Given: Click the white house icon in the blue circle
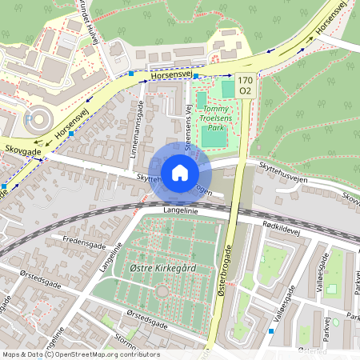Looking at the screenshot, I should pyautogui.click(x=179, y=172).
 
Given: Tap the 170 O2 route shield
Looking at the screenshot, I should pyautogui.click(x=245, y=85).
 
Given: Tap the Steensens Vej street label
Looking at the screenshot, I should pyautogui.click(x=190, y=126).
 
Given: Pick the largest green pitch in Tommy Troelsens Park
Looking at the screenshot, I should pyautogui.click(x=214, y=135).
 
